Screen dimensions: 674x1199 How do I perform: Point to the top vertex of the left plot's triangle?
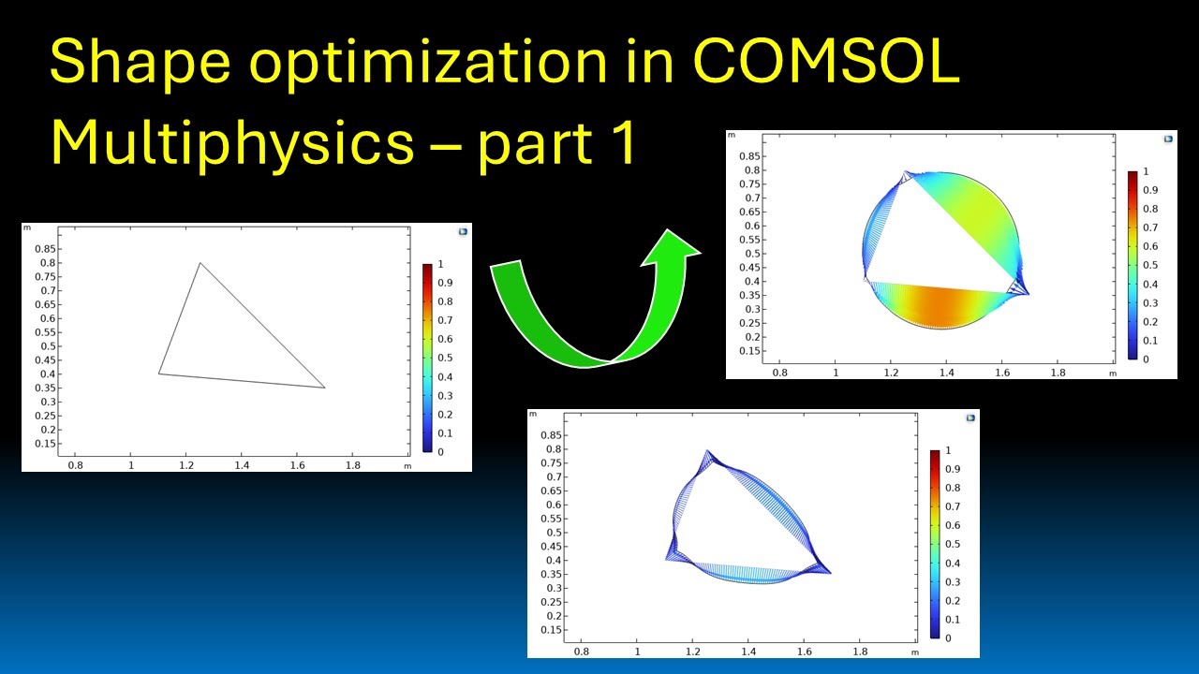(x=200, y=263)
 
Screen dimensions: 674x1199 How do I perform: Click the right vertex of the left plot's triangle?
(x=325, y=387)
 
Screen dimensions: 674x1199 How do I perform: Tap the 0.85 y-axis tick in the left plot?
(x=45, y=249)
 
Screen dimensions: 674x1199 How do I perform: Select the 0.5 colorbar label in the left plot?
(x=447, y=358)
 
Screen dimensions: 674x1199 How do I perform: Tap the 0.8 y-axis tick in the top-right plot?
(x=752, y=170)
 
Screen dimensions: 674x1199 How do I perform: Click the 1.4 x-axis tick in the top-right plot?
(x=947, y=372)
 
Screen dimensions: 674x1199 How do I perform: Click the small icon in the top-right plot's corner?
(x=1167, y=139)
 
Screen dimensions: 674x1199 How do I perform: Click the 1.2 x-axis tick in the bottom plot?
(x=692, y=651)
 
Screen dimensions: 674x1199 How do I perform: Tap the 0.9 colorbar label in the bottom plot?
(x=953, y=469)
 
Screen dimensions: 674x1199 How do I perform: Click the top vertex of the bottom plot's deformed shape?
(x=706, y=451)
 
